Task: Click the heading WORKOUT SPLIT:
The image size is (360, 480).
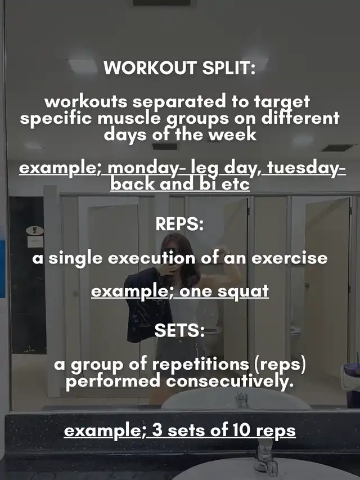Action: tap(179, 68)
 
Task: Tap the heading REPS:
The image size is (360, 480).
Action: tap(179, 224)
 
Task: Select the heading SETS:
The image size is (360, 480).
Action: tap(179, 330)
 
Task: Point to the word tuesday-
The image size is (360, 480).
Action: tap(307, 168)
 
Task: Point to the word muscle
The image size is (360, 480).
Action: tap(129, 118)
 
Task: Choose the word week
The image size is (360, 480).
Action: tap(232, 134)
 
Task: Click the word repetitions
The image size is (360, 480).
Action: tap(200, 365)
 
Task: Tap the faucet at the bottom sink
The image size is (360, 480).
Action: tap(265, 456)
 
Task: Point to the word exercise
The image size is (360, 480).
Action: tap(290, 258)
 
